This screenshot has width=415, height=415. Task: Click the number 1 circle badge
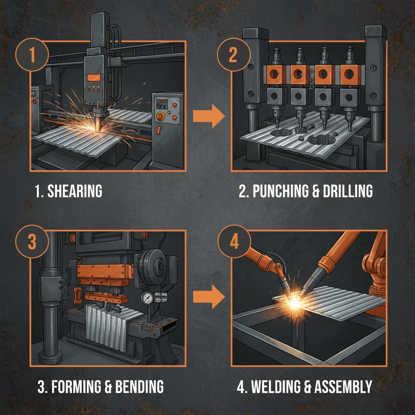pos(32,56)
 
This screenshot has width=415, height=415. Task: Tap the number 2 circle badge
pos(233,56)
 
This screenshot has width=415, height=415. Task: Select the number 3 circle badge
pos(32,242)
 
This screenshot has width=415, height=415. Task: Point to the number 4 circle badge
pos(233,242)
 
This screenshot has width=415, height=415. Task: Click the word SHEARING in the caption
pos(75,192)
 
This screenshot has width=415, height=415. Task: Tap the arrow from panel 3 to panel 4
pos(208,298)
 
